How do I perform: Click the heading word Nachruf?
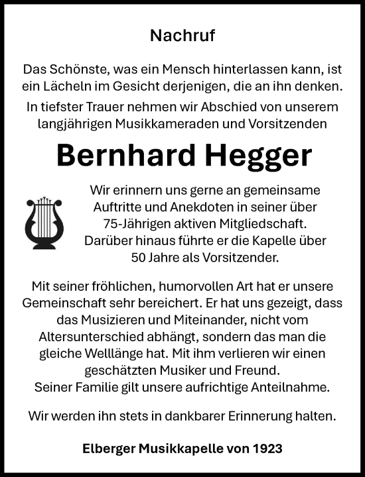point(183,35)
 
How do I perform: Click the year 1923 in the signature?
point(267,449)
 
